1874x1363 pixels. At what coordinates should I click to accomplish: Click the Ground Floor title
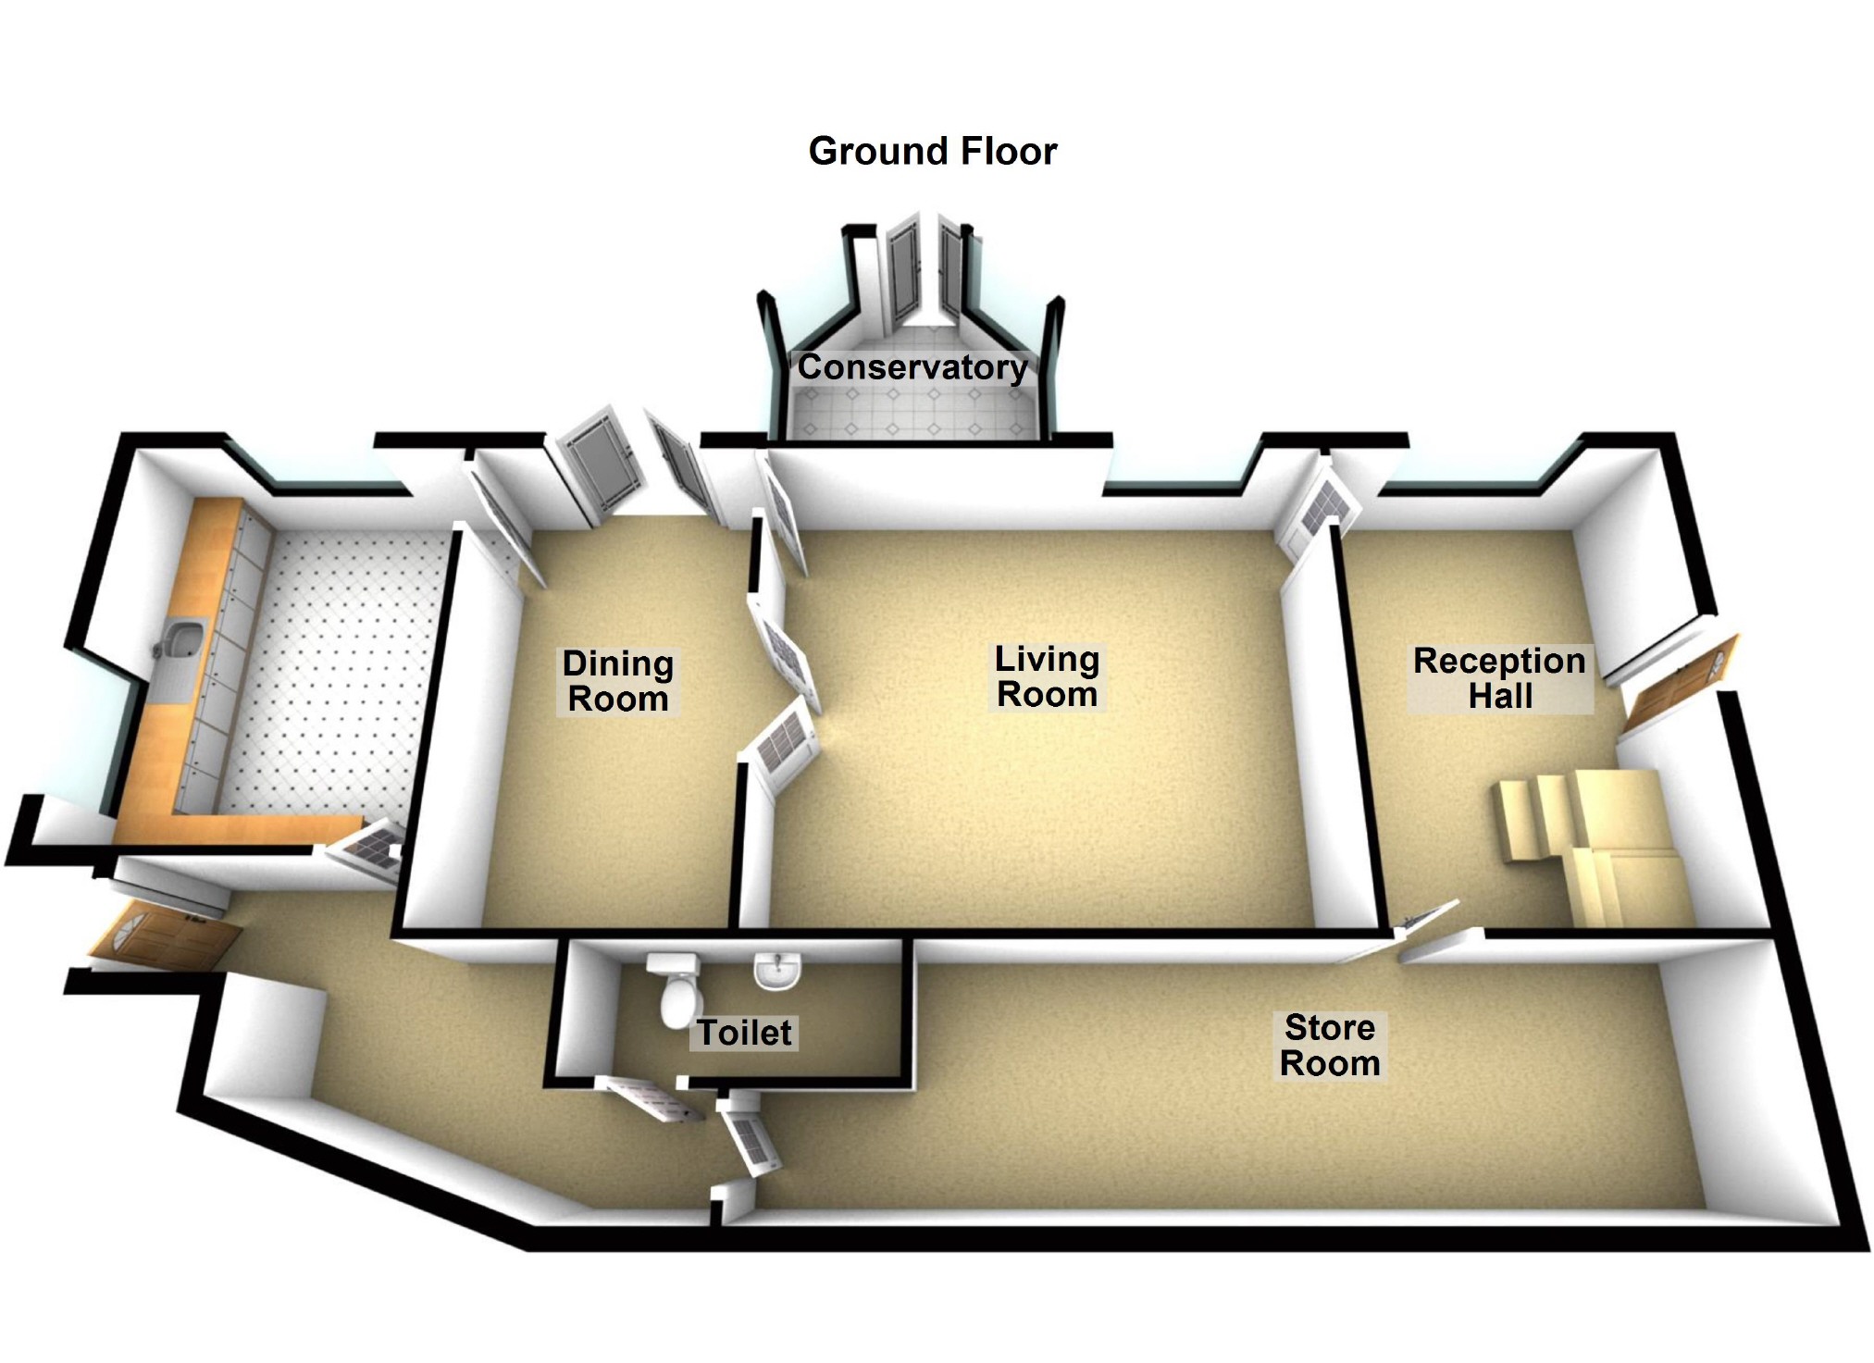click(932, 151)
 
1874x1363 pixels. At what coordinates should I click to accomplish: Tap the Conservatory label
click(912, 367)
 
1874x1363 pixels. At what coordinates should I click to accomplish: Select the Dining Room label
click(618, 681)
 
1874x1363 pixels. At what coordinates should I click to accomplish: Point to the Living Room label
click(1047, 676)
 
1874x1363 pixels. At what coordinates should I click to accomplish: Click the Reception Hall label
click(1499, 678)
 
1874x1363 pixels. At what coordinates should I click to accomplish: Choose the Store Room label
click(1330, 1046)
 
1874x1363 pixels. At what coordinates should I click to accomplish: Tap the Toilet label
click(744, 1033)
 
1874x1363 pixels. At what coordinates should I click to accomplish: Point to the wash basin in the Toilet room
click(777, 972)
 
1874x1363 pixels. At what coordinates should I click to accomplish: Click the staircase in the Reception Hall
click(1582, 842)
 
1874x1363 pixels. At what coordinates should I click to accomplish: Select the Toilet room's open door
click(648, 1099)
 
